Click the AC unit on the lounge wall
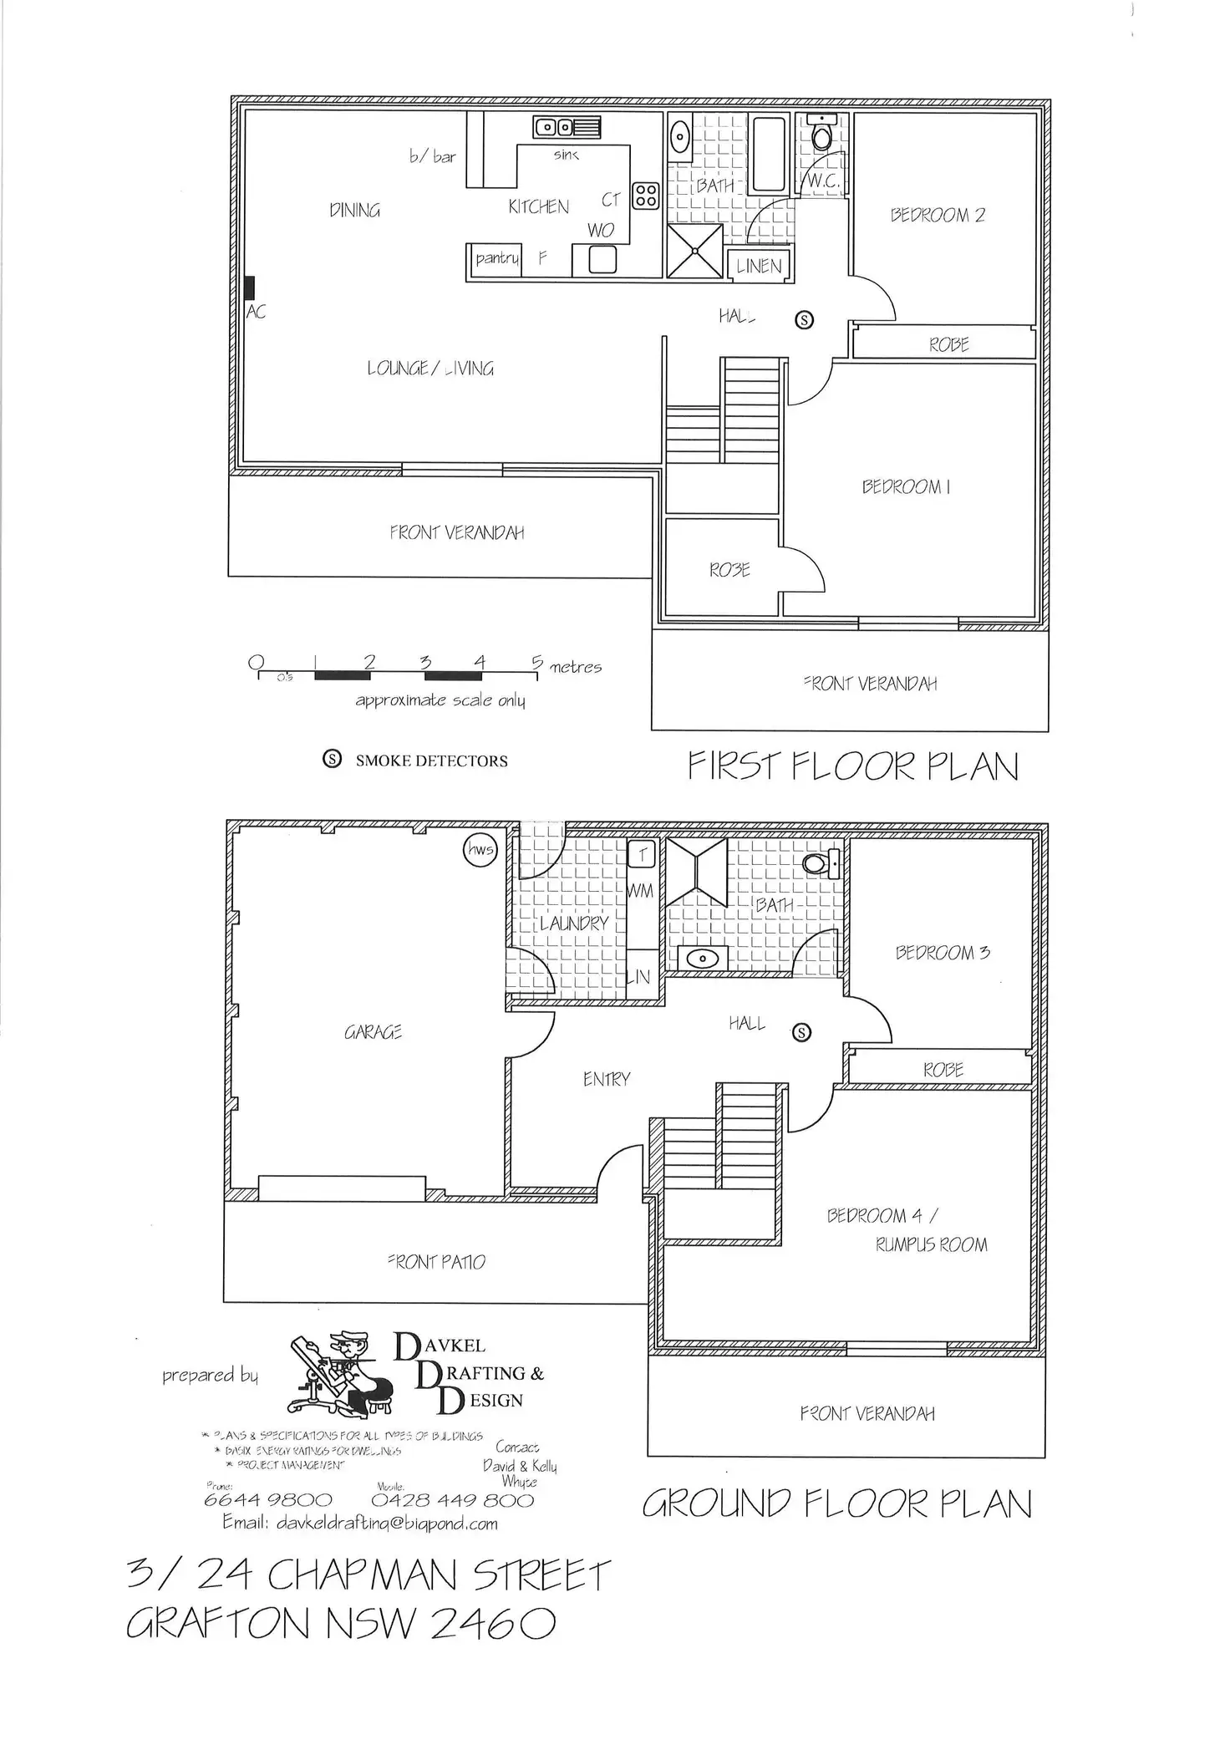coord(250,288)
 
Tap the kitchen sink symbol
coord(567,128)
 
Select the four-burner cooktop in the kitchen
coord(645,196)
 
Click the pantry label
coord(497,258)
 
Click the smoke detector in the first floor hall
coord(804,319)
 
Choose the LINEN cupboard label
coord(759,266)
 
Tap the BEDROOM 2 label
coord(938,216)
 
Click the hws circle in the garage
coord(480,851)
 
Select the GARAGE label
coord(374,1033)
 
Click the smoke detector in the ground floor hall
coord(801,1033)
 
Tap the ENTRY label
coord(607,1080)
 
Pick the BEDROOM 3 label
coord(943,953)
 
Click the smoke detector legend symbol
coord(333,760)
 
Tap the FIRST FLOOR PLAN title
coord(853,766)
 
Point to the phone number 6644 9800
coord(267,1500)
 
